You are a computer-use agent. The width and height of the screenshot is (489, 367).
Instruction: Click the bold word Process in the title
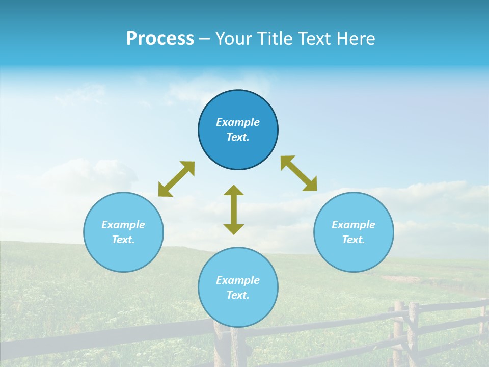(160, 39)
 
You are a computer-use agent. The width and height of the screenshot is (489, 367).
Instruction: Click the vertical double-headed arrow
(234, 209)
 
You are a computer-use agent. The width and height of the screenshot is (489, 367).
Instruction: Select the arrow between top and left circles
(176, 179)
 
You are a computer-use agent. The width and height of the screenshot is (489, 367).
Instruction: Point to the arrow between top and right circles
(299, 173)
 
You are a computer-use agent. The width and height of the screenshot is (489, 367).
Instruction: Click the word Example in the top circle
(238, 122)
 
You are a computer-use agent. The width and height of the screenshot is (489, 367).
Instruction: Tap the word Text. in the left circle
(123, 240)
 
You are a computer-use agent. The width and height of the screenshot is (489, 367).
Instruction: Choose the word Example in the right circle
(354, 225)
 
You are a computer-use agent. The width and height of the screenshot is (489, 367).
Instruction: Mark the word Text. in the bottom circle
(238, 295)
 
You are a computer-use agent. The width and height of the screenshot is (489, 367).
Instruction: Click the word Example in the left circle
(123, 225)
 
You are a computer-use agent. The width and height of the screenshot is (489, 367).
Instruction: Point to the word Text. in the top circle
(238, 137)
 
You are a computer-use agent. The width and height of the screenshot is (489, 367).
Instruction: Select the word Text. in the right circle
(354, 240)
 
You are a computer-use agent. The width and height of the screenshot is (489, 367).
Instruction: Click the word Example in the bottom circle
(238, 280)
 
